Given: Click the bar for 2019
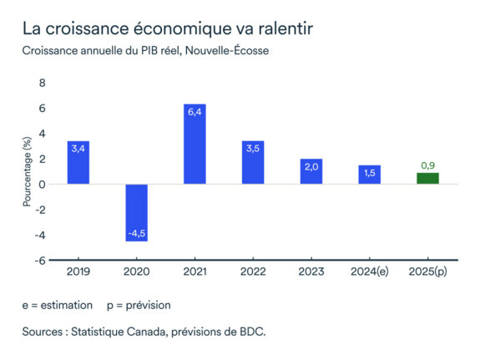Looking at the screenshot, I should tap(78, 163).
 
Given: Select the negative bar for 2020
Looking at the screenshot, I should tap(136, 212).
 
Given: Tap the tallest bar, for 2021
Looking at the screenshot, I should tap(195, 144).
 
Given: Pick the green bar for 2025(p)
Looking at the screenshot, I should tap(427, 178).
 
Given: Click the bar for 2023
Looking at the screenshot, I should tap(311, 171).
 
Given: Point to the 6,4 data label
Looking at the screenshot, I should tap(195, 111).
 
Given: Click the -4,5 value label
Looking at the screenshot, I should tap(136, 234).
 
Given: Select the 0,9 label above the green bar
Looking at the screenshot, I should tap(427, 165).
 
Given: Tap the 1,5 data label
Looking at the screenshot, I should tap(369, 172).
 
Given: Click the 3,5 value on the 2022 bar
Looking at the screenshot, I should tap(252, 148).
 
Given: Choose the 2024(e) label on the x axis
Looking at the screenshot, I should tap(369, 272).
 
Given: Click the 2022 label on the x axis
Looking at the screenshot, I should tap(252, 272).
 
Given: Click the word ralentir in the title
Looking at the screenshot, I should tap(283, 28).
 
